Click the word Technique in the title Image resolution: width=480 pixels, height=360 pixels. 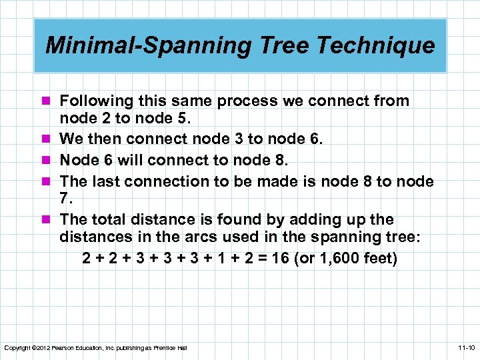coord(379,45)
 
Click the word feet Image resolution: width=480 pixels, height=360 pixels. coord(382,257)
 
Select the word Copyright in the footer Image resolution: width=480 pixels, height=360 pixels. coord(15,348)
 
